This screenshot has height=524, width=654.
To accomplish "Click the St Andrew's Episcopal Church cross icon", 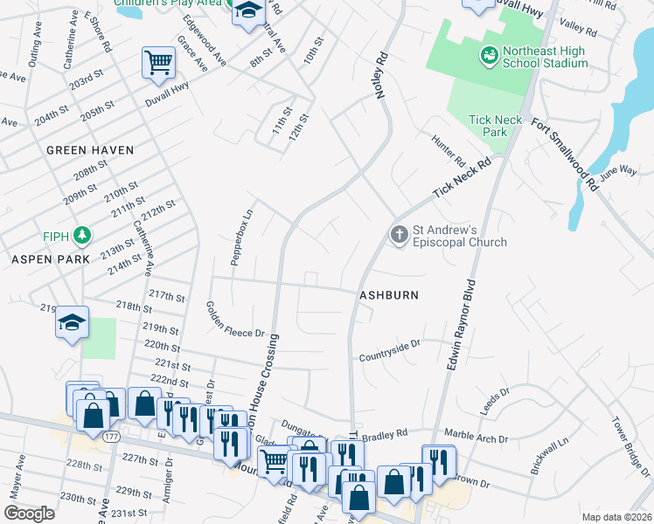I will (x=399, y=234).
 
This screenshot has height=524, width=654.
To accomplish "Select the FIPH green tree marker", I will (x=81, y=235).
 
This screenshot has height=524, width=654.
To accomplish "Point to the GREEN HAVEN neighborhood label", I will (x=90, y=150).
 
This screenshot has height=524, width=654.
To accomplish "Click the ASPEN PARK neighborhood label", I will (x=52, y=260).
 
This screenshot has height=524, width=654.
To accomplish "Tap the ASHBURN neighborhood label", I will (x=388, y=295).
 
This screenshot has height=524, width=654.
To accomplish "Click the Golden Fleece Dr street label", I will (x=234, y=320).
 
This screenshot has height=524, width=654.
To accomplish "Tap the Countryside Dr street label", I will (x=390, y=352).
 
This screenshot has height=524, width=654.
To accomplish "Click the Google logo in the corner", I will (x=29, y=514).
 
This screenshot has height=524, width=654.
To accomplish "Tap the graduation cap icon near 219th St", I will (x=73, y=322).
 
